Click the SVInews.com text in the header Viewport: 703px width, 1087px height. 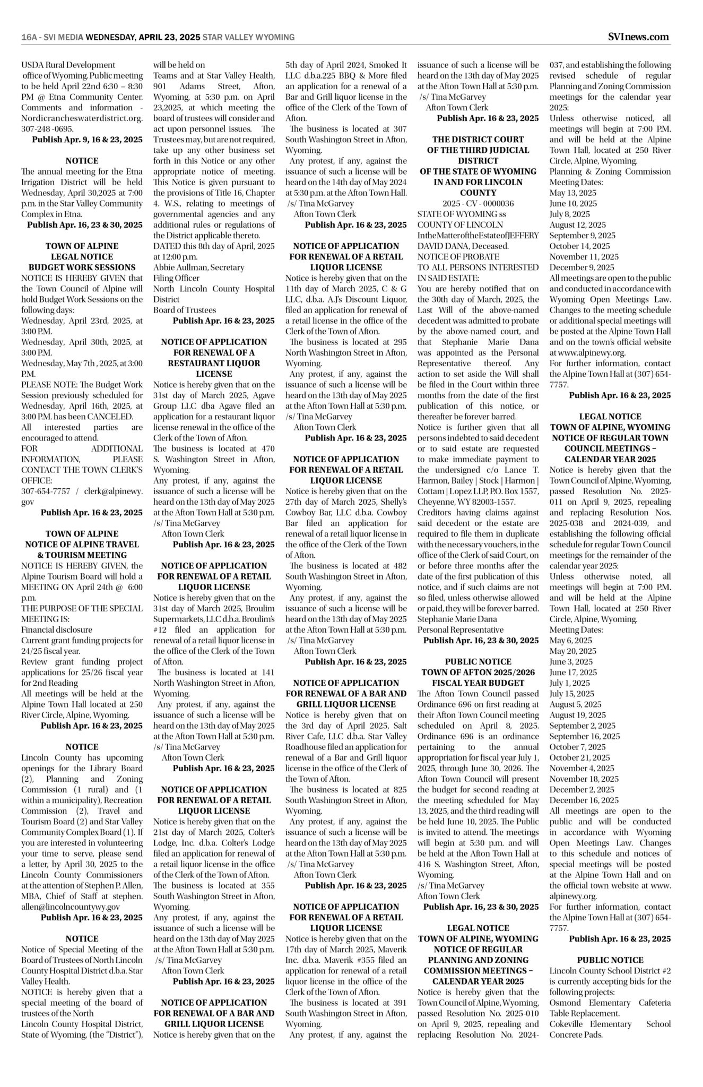point(638,37)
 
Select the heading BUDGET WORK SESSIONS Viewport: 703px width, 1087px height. point(82,268)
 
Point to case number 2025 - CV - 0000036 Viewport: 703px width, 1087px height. point(478,204)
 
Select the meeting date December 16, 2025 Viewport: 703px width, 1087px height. point(584,800)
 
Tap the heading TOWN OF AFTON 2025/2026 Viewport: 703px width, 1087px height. point(478,672)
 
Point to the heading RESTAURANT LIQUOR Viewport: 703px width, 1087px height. point(214,364)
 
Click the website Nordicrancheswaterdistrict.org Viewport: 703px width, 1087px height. point(82,118)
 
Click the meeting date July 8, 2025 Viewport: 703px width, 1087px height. point(569,214)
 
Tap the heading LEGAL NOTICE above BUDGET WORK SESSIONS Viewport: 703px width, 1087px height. point(82,257)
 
